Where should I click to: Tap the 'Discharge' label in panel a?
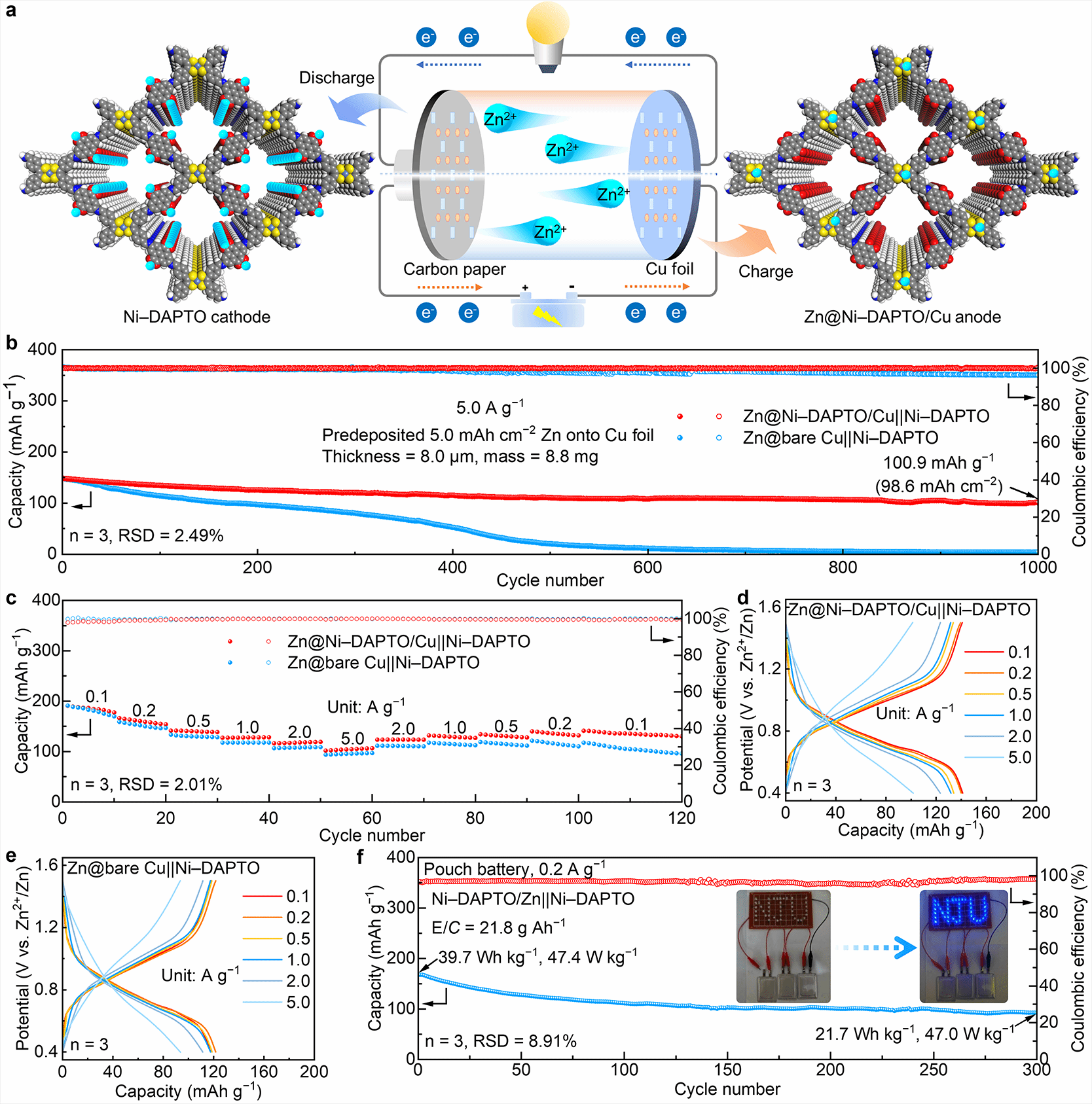tap(337, 78)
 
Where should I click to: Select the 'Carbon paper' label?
tap(454, 269)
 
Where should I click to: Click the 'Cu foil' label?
tap(669, 269)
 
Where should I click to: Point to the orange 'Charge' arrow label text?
tap(765, 272)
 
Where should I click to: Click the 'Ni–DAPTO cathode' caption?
tap(196, 317)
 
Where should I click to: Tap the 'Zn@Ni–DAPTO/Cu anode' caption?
tap(902, 317)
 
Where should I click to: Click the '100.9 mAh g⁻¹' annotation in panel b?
tap(938, 463)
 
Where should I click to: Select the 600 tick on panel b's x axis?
tap(647, 567)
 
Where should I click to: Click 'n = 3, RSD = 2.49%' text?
tap(147, 535)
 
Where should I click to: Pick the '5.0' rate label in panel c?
tap(352, 738)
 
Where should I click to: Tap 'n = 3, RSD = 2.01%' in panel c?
tap(146, 784)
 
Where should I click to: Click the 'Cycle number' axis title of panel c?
tap(372, 836)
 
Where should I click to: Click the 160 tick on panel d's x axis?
tap(986, 813)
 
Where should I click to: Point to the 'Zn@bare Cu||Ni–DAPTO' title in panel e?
tap(164, 868)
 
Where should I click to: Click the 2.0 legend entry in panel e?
tap(298, 981)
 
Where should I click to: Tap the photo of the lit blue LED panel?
tap(963, 946)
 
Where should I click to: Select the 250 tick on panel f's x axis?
tap(934, 1070)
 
